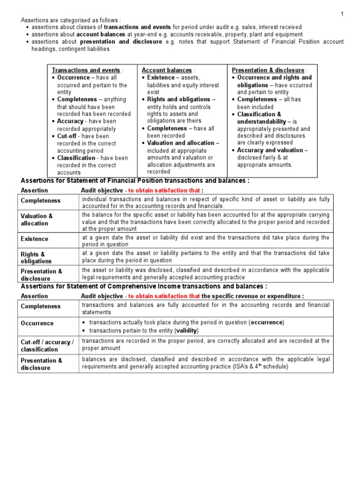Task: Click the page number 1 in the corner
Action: (x=342, y=14)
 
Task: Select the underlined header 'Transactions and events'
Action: (x=86, y=70)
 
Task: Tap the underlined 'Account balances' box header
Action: (x=166, y=70)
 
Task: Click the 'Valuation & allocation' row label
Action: (x=37, y=220)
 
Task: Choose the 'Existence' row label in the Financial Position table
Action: (x=34, y=239)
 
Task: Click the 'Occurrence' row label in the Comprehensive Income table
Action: (x=37, y=323)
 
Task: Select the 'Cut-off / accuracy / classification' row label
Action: (x=47, y=346)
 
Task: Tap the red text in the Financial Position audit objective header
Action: (x=164, y=190)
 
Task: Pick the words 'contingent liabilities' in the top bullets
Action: (x=82, y=49)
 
